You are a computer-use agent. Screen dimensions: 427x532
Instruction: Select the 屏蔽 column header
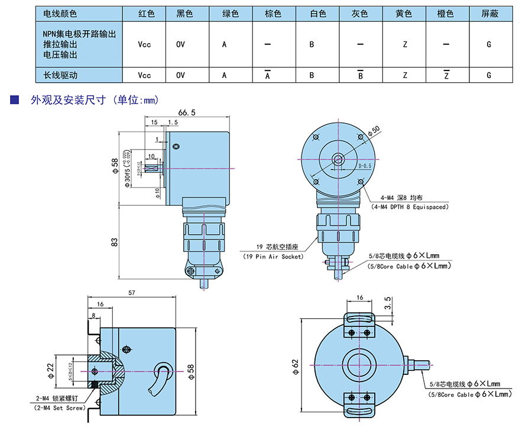[x=489, y=13]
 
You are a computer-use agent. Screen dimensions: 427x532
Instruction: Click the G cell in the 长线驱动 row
[x=489, y=75]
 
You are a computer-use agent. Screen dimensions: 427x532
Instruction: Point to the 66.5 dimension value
[x=186, y=112]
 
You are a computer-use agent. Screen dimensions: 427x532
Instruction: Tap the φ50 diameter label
[x=374, y=131]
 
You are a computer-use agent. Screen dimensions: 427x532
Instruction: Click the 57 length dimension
[x=132, y=293]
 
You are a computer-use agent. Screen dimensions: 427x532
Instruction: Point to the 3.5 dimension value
[x=387, y=303]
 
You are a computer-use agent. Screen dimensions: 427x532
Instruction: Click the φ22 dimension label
[x=52, y=370]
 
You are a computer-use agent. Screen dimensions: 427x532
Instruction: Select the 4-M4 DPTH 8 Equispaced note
[x=409, y=207]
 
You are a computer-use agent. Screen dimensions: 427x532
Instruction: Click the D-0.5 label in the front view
[x=365, y=166]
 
